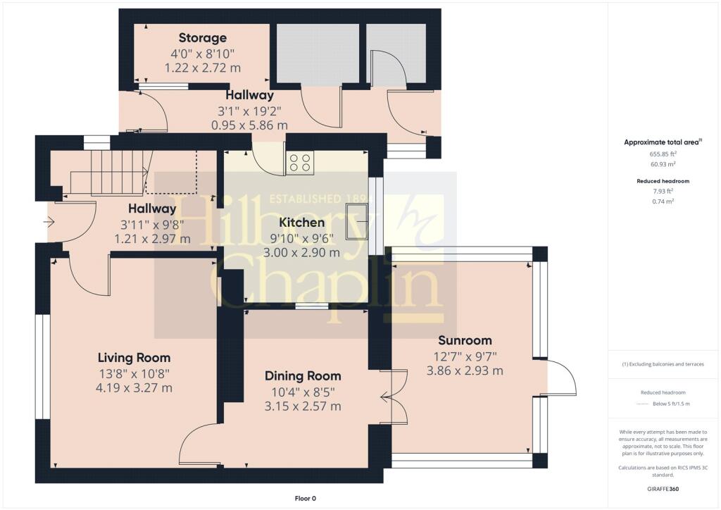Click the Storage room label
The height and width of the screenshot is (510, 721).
coord(202,38)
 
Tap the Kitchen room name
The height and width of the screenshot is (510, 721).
coord(301,223)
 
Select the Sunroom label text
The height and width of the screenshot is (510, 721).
coord(465,340)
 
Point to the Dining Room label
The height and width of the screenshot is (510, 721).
coord(303,376)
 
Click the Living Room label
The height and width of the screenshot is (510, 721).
coord(134,358)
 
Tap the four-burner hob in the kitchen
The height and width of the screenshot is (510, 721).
coord(300,163)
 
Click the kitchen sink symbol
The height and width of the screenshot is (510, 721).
coord(358,222)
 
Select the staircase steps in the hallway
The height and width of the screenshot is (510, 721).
coord(111,173)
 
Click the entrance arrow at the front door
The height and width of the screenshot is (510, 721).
coord(49,223)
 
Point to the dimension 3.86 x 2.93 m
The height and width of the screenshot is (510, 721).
coord(465,371)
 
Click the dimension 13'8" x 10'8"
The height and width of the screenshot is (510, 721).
coord(134,373)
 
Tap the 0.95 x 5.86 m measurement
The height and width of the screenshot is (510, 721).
coord(249,125)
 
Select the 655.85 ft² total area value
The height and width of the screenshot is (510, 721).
coord(663,154)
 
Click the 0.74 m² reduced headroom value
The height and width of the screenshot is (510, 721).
coord(663,201)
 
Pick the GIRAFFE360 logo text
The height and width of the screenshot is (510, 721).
coord(663,489)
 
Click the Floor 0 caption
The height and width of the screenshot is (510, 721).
coord(306,499)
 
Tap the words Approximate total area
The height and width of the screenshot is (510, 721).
coord(661,142)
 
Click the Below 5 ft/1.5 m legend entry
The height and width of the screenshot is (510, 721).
coord(671,404)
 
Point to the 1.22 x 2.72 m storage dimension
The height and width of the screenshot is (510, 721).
coord(202,68)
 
